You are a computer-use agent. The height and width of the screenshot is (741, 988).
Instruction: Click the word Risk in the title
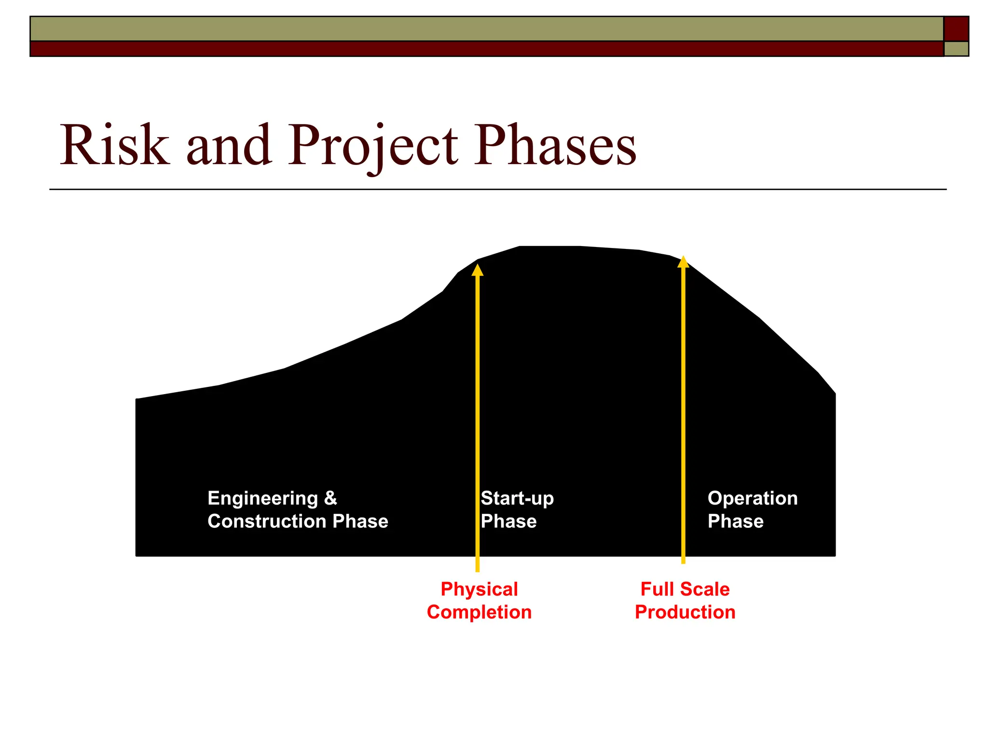[x=115, y=145]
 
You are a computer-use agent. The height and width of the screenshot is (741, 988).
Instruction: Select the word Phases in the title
[x=555, y=145]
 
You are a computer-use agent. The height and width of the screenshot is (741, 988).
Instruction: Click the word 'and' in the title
[x=229, y=145]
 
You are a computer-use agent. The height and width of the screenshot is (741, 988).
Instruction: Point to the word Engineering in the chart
[x=263, y=498]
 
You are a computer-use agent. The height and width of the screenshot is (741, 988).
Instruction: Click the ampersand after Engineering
[x=330, y=498]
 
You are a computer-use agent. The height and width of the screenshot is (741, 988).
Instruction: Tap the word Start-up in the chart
[x=517, y=498]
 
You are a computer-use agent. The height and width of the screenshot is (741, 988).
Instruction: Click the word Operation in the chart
[x=753, y=498]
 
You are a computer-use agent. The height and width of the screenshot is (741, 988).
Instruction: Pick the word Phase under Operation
[x=735, y=521]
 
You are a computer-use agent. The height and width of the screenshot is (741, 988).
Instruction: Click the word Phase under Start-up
[x=508, y=521]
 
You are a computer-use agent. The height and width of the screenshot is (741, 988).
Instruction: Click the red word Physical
[x=479, y=590]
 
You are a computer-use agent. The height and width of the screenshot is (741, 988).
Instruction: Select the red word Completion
[x=479, y=612]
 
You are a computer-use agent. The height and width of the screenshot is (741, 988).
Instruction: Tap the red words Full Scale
[x=685, y=590]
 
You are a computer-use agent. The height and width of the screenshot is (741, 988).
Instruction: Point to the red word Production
[x=685, y=612]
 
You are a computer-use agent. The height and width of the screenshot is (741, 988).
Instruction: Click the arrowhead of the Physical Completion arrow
[x=478, y=270]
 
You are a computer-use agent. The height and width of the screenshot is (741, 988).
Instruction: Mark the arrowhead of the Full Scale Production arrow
[x=683, y=262]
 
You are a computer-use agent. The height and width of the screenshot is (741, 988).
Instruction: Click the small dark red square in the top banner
[x=956, y=28]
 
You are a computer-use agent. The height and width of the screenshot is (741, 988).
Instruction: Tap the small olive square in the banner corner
[x=956, y=49]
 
